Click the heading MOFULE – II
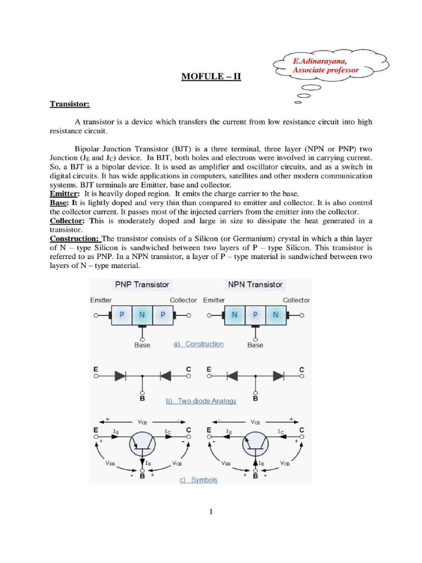pos(211,76)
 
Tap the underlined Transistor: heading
pos(70,103)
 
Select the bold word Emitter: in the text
pos(65,194)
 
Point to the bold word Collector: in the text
pos(68,221)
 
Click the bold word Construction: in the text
pos(75,239)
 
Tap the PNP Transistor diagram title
pos(142,284)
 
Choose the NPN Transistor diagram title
pos(255,284)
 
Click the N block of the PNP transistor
pos(142,316)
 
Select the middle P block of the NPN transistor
pos(256,316)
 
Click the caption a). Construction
pos(198,344)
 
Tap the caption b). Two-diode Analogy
pos(201,401)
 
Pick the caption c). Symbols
pos(198,479)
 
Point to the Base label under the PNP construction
pos(142,345)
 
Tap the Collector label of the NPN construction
pos(296,300)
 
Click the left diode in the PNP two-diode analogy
pos(120,376)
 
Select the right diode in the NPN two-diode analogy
pos(279,376)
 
